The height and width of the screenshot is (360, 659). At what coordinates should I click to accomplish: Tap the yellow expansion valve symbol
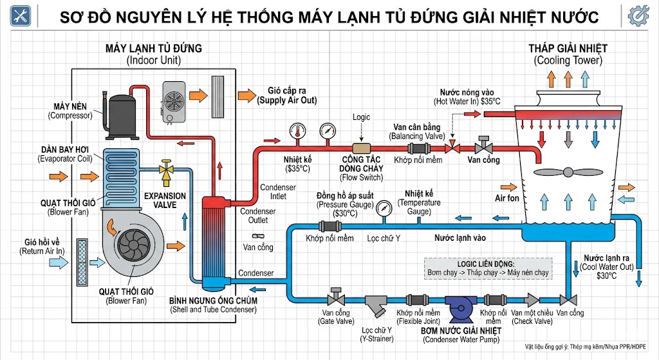167,171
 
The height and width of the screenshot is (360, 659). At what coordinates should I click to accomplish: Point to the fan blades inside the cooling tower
567,172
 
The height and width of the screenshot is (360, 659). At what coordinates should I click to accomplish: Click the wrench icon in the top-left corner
21,17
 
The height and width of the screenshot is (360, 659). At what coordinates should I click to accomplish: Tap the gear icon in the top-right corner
637,17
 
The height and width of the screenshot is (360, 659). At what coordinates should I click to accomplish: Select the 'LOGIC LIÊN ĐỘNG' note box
488,268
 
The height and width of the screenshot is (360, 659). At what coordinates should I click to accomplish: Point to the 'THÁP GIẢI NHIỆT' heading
568,48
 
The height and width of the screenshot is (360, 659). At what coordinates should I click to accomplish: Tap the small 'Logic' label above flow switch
362,118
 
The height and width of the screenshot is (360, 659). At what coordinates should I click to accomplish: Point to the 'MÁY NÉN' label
70,106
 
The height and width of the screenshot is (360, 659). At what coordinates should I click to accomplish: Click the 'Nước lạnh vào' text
459,238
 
